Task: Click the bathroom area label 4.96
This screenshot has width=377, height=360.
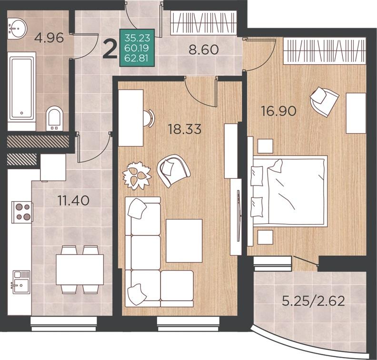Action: tap(49, 38)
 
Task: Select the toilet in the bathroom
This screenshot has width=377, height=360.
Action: tap(54, 118)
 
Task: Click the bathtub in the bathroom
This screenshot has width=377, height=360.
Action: tap(21, 88)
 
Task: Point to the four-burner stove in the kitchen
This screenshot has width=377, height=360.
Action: tap(22, 212)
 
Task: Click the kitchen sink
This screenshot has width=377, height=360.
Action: tap(21, 282)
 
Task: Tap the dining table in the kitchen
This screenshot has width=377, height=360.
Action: tap(80, 270)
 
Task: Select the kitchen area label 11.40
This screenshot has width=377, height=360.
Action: tap(74, 201)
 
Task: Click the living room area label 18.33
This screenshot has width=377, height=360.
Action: tap(185, 129)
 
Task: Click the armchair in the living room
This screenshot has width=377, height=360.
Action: tap(173, 170)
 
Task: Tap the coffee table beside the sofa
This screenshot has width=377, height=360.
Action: tap(184, 241)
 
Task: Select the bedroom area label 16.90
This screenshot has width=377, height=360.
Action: tap(278, 111)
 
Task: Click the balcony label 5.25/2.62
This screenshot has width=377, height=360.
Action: tap(314, 301)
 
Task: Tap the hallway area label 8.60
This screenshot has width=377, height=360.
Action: tap(204, 50)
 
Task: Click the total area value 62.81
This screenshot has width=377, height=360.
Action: tap(137, 58)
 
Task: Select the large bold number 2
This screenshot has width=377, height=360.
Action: tap(109, 50)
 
